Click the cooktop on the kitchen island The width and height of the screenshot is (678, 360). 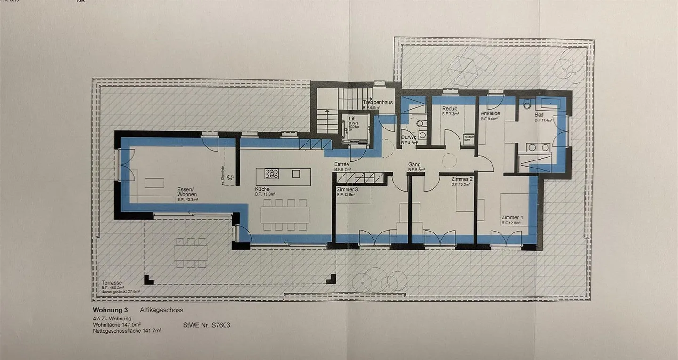pyautogui.click(x=272, y=174)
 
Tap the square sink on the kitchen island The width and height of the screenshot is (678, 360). pyautogui.click(x=296, y=174)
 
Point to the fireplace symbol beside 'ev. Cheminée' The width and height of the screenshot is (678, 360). pyautogui.click(x=230, y=176)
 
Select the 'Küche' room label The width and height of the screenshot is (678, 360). pyautogui.click(x=262, y=189)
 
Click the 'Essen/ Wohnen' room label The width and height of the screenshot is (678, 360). pyautogui.click(x=187, y=192)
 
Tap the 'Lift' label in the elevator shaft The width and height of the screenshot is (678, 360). pyautogui.click(x=352, y=119)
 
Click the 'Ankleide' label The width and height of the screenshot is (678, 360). pyautogui.click(x=490, y=114)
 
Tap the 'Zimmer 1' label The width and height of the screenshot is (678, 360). pyautogui.click(x=512, y=217)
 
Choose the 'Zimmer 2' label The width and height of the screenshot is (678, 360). pyautogui.click(x=461, y=179)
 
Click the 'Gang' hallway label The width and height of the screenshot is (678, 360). pyautogui.click(x=414, y=164)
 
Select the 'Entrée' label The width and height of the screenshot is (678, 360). pyautogui.click(x=341, y=164)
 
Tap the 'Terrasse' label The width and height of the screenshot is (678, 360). pyautogui.click(x=112, y=283)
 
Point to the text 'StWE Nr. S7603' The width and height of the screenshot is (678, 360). pyautogui.click(x=206, y=325)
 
